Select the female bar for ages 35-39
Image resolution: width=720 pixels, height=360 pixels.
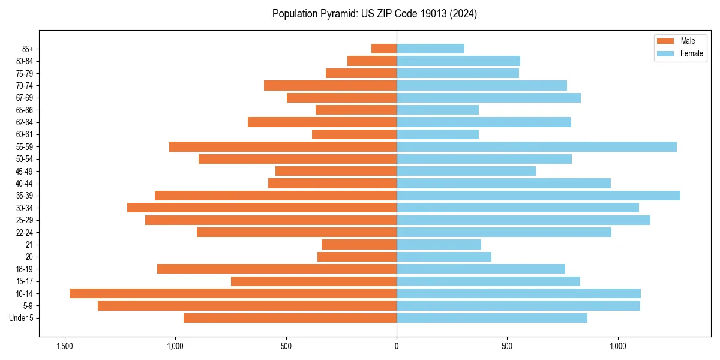point(538,196)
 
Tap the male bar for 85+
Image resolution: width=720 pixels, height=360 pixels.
point(384,49)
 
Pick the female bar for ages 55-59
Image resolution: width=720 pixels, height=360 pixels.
point(536,147)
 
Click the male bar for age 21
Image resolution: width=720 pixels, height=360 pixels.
point(359,245)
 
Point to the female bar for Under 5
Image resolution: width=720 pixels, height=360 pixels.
point(492,318)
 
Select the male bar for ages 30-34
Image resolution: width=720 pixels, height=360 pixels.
point(262,208)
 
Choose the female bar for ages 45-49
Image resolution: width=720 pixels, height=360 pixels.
point(466,171)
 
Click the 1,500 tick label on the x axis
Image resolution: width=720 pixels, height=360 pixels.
point(64,346)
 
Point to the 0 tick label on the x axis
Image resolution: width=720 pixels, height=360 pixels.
point(397,346)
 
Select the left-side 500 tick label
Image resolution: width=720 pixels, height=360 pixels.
point(286,346)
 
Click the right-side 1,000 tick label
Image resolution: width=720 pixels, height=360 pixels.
point(618,346)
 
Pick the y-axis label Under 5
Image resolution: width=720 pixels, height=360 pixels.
point(22,318)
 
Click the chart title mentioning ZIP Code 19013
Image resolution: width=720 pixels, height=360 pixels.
point(374,14)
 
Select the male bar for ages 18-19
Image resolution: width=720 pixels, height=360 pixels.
point(277,269)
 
